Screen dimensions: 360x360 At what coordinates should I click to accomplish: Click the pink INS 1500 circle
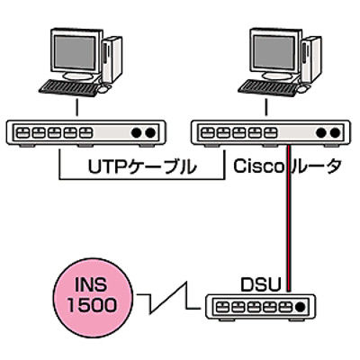(x=94, y=295)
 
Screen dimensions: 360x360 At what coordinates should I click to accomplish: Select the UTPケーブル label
(x=142, y=166)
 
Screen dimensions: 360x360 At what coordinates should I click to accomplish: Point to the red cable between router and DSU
(x=289, y=218)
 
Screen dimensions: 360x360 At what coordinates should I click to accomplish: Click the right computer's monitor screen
(x=274, y=53)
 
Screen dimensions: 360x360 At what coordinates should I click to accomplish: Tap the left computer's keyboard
(x=68, y=88)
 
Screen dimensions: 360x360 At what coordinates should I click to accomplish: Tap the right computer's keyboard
(x=268, y=88)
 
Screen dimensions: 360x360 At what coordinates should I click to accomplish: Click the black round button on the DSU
(x=300, y=307)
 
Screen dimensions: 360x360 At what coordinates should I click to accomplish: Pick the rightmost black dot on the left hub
(x=150, y=132)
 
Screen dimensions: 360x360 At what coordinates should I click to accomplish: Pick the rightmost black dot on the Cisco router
(x=336, y=132)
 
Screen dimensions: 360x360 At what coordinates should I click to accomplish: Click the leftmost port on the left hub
(x=22, y=132)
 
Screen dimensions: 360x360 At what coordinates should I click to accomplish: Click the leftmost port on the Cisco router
(x=208, y=132)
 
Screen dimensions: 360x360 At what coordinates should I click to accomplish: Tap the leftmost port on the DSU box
(x=222, y=307)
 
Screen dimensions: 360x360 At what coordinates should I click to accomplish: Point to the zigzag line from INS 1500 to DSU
(x=168, y=299)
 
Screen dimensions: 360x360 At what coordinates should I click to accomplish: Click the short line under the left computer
(x=77, y=108)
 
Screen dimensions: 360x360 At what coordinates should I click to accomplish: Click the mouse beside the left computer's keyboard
(x=103, y=89)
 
